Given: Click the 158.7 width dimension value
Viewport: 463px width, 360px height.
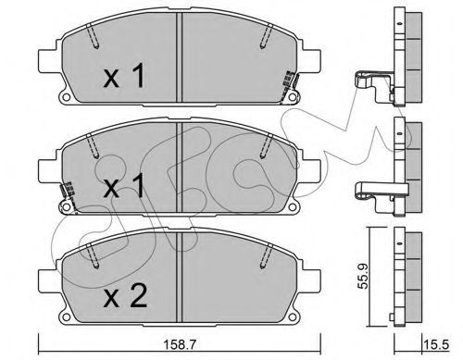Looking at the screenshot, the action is [179, 345].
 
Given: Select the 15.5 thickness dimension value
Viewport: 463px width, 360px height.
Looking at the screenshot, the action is [437, 344].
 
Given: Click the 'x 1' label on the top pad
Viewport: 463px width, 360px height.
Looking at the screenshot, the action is [124, 75].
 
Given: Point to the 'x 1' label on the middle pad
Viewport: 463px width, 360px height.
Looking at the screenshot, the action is [124, 185].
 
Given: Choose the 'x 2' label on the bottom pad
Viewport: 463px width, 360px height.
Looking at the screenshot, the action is [125, 295].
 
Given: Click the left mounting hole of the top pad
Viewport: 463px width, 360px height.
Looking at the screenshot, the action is [66, 97].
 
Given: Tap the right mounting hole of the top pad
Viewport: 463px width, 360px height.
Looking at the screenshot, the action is [292, 97].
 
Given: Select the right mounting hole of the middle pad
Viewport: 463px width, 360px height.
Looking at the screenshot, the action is [292, 207].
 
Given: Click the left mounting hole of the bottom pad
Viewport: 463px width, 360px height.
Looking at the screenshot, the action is [66, 317].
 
